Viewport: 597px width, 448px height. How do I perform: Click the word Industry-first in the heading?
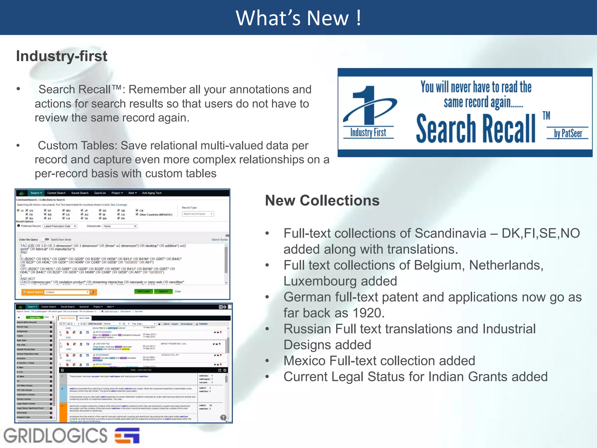(62, 56)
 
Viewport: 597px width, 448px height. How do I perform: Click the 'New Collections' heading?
(322, 201)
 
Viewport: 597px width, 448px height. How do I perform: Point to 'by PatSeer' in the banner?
(568, 133)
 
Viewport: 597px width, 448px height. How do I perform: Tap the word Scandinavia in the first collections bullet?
(450, 233)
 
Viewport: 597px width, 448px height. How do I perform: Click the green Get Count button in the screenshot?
(143, 291)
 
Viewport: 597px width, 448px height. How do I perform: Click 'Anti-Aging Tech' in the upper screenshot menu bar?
(152, 193)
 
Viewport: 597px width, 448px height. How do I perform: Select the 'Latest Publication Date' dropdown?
(60, 226)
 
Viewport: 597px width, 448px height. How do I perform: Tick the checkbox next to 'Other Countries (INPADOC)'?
(137, 214)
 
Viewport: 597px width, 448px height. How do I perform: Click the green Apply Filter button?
(34, 317)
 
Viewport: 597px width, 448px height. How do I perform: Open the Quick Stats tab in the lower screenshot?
(84, 318)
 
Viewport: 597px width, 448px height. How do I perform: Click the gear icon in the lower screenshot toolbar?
(225, 307)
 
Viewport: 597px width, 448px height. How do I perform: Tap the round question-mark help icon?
(223, 417)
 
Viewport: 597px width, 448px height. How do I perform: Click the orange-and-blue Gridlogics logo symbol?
(127, 435)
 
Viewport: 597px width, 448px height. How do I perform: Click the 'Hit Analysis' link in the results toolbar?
(186, 324)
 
